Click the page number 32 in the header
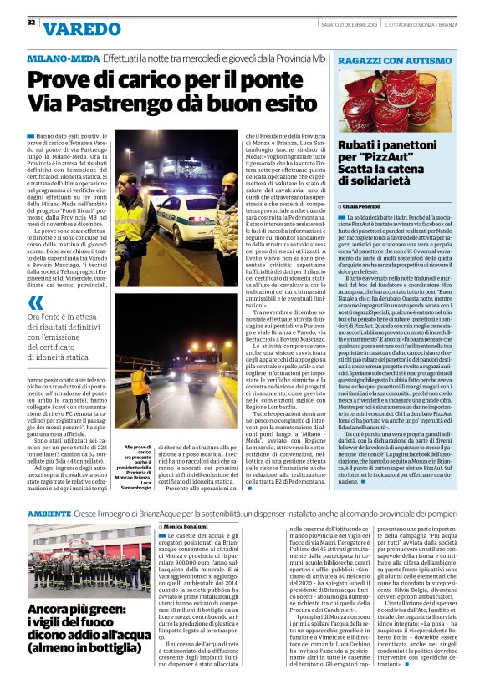31,23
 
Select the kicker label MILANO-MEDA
63,60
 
